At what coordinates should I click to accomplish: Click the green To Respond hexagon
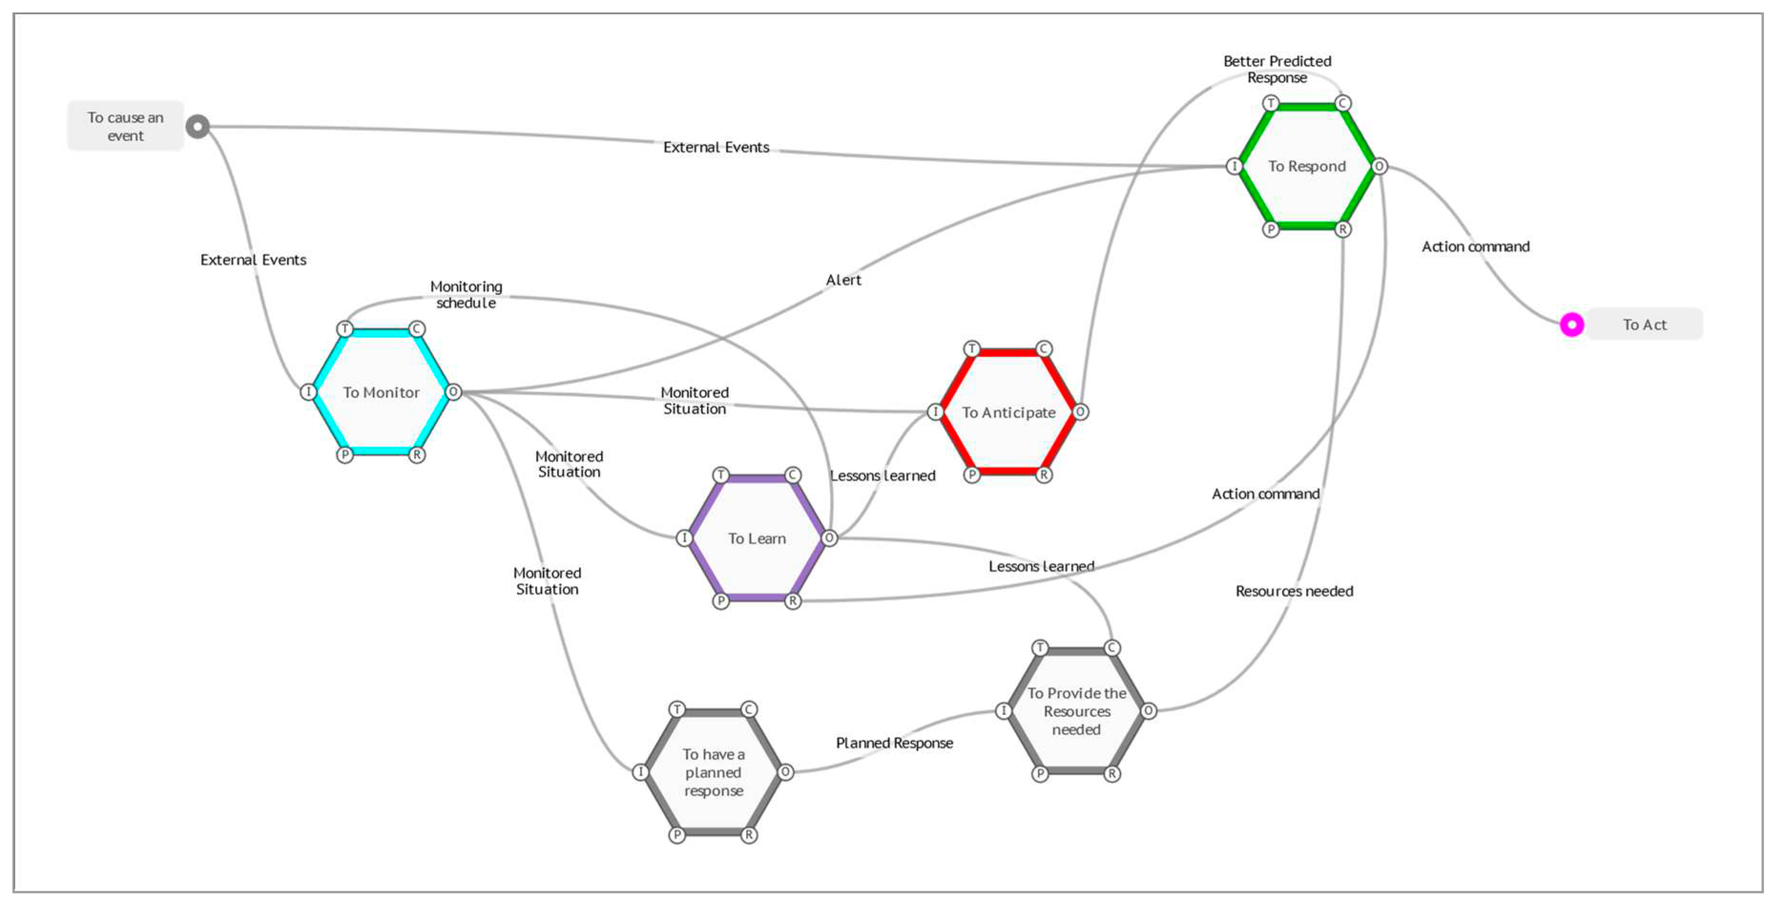1306,166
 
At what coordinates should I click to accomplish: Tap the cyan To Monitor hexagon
381,392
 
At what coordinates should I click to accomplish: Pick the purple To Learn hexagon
757,538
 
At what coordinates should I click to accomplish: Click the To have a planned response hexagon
713,772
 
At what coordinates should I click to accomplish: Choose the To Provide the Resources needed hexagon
1077,711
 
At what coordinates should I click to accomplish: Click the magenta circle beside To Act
1571,324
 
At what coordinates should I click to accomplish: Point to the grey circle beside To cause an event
197,127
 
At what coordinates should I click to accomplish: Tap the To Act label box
1644,324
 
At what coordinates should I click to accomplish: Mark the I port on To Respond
1234,166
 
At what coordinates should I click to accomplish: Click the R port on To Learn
793,601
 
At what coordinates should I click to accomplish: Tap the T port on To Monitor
345,329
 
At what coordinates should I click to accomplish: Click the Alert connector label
843,280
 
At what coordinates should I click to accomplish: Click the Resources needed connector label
1294,591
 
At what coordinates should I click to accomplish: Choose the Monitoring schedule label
466,295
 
